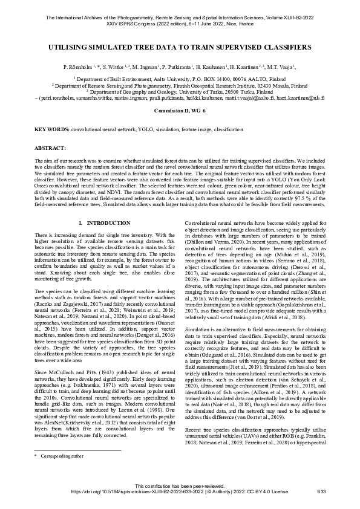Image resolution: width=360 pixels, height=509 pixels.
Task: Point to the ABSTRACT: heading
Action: click(50, 148)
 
